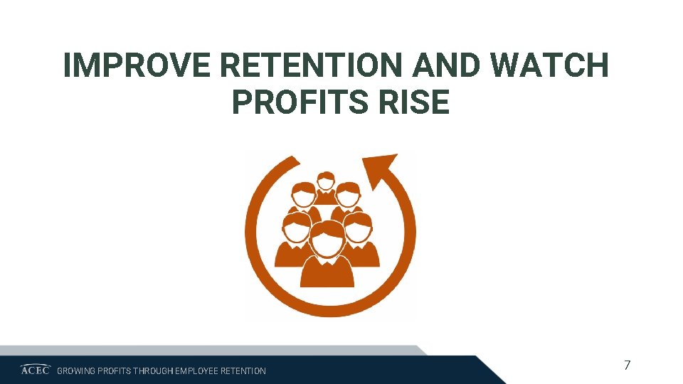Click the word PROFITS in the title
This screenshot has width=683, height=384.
299,103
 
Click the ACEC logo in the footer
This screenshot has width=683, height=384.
35,370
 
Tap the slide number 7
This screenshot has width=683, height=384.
627,366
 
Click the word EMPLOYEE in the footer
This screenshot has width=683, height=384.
197,370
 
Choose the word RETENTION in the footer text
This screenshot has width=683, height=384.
243,370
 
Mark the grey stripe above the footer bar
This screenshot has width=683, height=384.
213,350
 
